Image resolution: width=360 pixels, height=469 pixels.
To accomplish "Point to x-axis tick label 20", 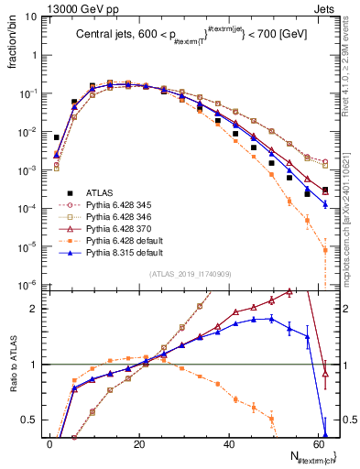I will point(138,444).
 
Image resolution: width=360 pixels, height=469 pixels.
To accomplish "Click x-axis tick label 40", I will point(228,444).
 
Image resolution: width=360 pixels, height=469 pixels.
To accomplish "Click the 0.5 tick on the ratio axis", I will point(33,420).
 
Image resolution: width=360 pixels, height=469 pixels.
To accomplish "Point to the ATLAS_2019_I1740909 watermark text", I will point(191,274).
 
